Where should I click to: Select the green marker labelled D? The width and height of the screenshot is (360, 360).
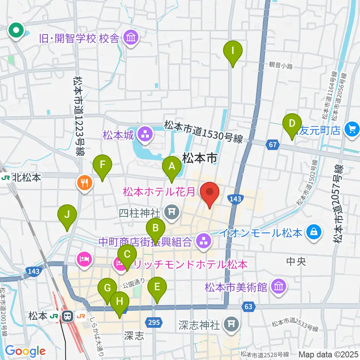292,124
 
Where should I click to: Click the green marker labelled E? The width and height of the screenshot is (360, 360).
157,288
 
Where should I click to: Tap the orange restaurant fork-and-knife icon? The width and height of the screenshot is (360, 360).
84,183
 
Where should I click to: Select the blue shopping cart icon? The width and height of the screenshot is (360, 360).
351,130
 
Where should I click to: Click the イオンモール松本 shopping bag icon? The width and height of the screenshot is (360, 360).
313,233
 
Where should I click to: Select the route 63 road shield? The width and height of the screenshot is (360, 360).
248,307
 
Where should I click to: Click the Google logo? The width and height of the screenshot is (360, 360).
25,351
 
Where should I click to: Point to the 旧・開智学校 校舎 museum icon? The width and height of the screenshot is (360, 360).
131,38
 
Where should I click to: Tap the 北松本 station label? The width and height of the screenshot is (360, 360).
21,177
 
